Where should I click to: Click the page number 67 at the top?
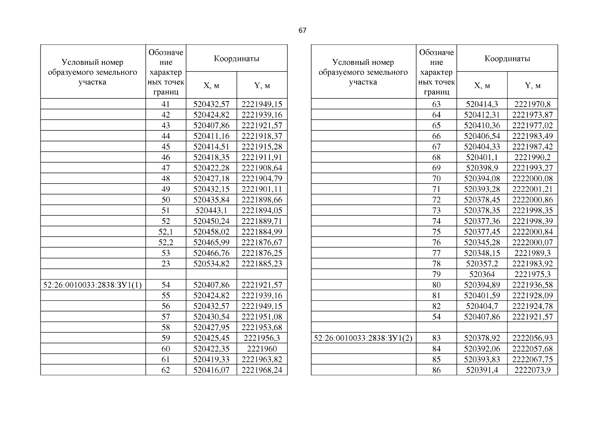point(302,30)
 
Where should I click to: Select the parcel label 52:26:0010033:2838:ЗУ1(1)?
point(92,285)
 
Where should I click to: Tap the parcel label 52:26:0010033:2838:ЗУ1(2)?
point(363,338)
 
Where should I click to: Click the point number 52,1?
point(165,232)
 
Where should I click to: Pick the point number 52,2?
point(165,242)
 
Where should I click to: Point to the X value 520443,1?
point(211,210)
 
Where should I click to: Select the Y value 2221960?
point(262,348)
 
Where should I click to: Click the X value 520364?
point(482,274)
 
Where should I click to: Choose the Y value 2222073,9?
point(532,370)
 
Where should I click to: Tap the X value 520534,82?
point(211,263)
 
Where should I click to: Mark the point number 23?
point(165,263)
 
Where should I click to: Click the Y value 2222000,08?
point(532,178)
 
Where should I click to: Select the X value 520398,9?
point(482,168)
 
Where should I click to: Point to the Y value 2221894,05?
point(262,210)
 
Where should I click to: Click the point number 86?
point(436,370)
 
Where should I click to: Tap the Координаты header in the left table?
point(237,58)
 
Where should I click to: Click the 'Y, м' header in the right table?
point(532,85)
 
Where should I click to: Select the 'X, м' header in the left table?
point(211,85)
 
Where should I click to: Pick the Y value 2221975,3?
point(532,274)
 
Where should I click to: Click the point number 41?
point(165,104)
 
